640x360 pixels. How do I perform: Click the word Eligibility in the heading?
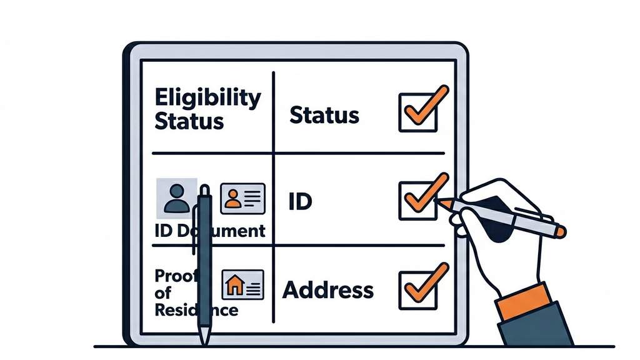tap(207, 99)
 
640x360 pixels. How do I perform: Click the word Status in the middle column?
tap(324, 115)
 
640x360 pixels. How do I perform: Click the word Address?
tap(328, 290)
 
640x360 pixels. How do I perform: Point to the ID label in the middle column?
tap(300, 202)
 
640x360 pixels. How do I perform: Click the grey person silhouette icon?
tap(176, 198)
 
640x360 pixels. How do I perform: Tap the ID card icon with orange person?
tap(242, 198)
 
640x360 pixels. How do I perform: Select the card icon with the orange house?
tap(242, 285)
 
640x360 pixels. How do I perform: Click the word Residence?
tap(195, 310)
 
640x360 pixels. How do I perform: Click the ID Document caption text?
tap(210, 231)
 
